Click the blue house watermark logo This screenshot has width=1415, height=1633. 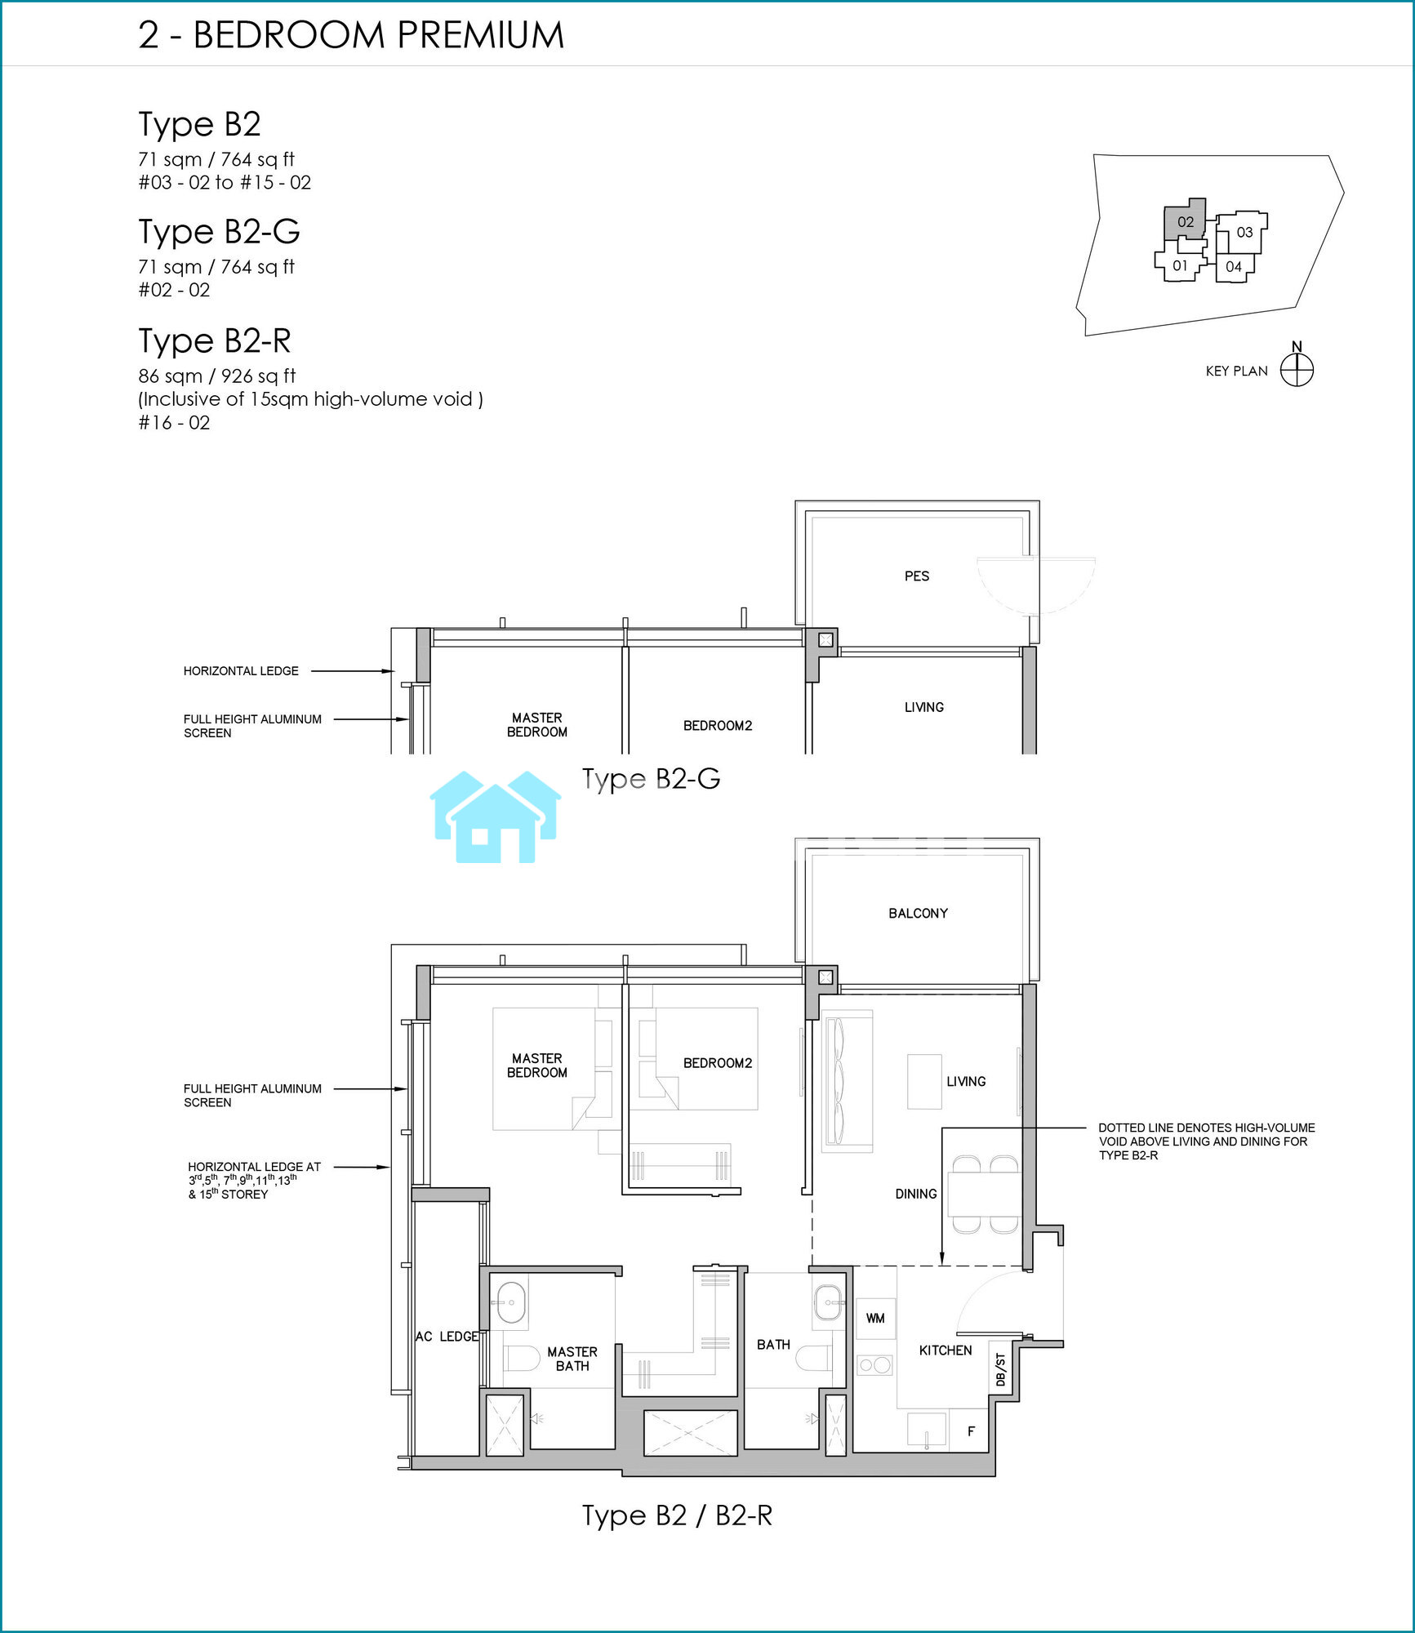click(x=496, y=816)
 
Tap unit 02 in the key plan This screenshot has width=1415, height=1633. click(x=1185, y=221)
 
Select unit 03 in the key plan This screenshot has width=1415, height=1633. click(x=1244, y=233)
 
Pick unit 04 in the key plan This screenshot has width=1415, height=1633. click(x=1234, y=267)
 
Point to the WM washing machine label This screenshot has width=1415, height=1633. click(x=875, y=1319)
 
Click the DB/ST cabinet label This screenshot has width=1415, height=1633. click(x=1000, y=1369)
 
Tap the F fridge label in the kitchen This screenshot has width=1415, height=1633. click(x=971, y=1431)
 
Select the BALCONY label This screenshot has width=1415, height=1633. click(x=918, y=914)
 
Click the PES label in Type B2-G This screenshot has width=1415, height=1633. click(x=917, y=576)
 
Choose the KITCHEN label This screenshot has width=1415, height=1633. click(x=946, y=1350)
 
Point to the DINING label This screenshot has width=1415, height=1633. click(x=915, y=1194)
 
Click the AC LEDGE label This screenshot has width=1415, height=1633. click(x=447, y=1337)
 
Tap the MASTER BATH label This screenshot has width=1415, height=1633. click(x=572, y=1359)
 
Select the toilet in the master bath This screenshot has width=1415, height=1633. click(x=519, y=1359)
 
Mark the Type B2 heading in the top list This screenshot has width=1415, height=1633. click(x=199, y=124)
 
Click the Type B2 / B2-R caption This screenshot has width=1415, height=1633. click(x=677, y=1515)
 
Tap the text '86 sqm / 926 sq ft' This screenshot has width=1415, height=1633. click(x=217, y=376)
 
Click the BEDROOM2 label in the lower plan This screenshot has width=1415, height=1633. click(x=718, y=1063)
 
